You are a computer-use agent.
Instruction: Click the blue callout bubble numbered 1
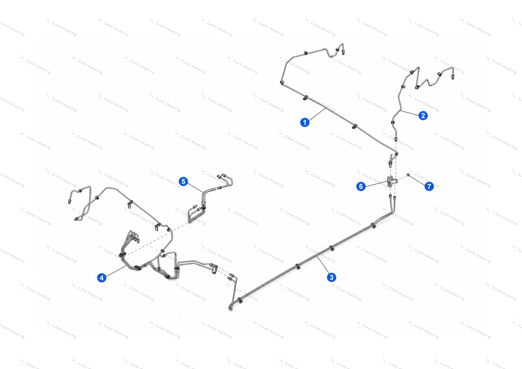304,122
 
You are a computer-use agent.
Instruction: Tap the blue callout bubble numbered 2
423,115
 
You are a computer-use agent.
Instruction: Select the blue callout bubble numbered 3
332,277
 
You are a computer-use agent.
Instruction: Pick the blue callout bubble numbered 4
102,278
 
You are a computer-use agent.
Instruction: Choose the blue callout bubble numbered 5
183,181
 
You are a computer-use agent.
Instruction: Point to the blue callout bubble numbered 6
361,186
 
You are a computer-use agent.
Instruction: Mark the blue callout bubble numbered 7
429,186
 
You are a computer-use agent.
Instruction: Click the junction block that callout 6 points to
392,181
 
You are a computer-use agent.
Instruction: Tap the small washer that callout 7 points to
408,175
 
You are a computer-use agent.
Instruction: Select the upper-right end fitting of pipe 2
453,77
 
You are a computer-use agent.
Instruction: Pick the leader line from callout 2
410,113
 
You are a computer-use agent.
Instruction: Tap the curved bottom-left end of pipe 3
230,308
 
